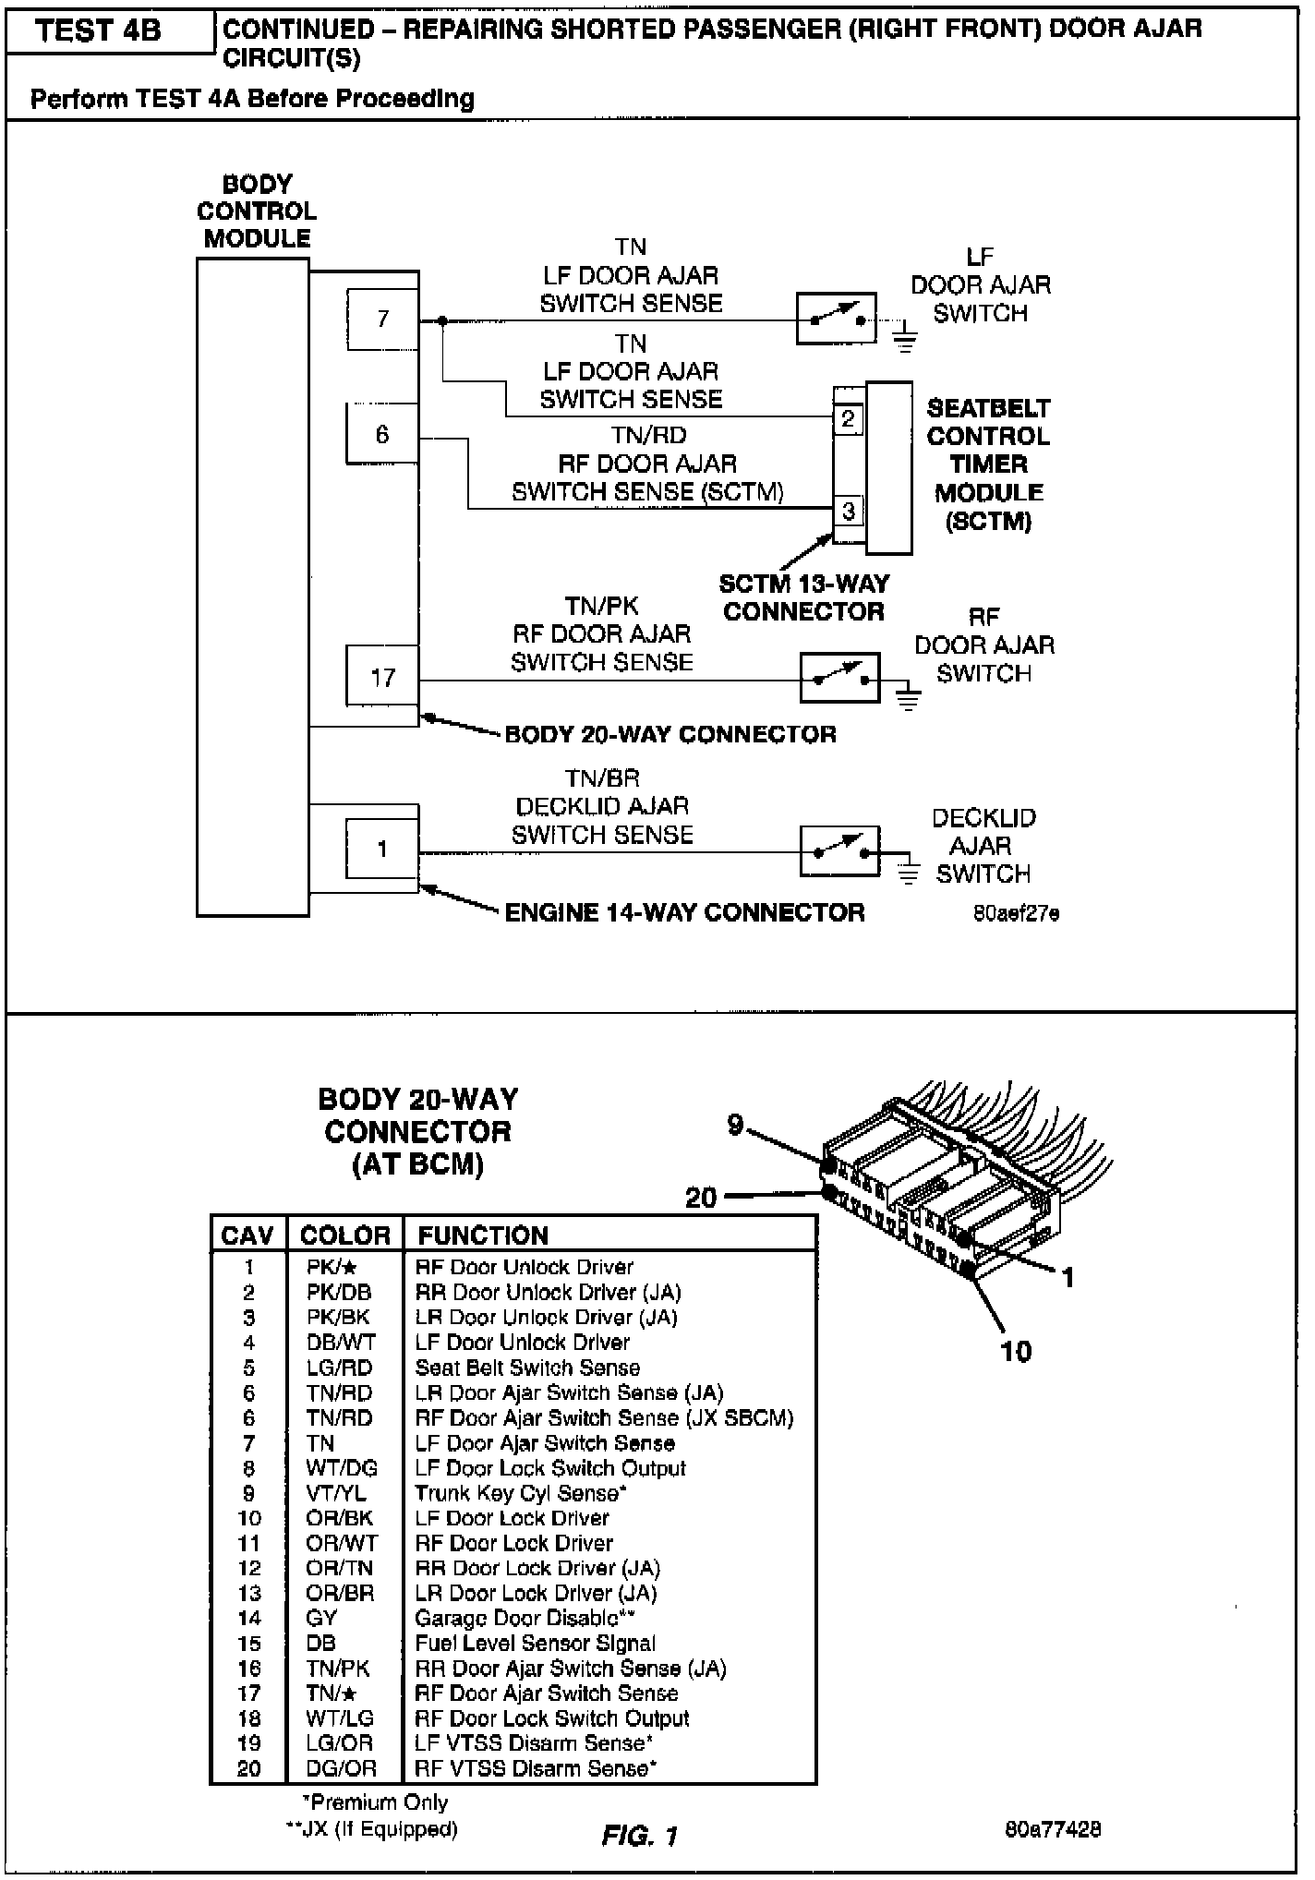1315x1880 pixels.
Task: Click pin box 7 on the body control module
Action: pos(382,319)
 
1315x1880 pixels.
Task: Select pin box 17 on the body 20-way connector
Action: pos(382,679)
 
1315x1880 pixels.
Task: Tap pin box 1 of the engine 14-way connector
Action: pos(382,850)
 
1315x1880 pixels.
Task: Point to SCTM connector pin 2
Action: pos(849,420)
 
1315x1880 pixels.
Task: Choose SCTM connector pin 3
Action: pos(849,511)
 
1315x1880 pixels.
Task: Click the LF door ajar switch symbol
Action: pos(837,319)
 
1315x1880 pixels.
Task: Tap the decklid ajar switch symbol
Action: pos(839,850)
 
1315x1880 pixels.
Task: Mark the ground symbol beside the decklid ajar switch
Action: pos(909,873)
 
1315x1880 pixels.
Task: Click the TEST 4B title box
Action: pos(100,31)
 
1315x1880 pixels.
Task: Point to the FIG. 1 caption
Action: pos(639,1836)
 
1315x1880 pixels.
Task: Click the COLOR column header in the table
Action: pos(345,1235)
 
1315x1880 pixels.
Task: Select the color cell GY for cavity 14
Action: pos(321,1618)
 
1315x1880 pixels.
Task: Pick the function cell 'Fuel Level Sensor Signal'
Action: pos(536,1644)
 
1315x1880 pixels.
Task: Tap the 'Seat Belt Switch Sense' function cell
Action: pos(527,1368)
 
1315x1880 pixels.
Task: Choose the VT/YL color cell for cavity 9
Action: pos(336,1493)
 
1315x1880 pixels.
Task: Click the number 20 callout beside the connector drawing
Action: pos(701,1198)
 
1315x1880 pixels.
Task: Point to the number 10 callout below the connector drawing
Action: pos(1016,1352)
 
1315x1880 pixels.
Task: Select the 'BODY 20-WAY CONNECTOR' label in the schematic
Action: pos(670,735)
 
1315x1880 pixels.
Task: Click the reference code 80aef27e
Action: pos(1016,914)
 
